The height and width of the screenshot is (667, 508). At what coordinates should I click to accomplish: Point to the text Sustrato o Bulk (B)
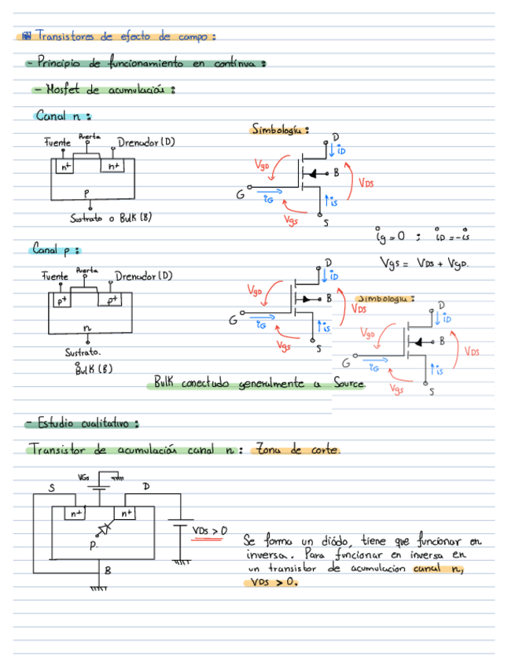pyautogui.click(x=111, y=218)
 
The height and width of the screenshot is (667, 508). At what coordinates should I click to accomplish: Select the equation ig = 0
pyautogui.click(x=390, y=234)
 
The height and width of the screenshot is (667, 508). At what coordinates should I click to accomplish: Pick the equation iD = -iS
pyautogui.click(x=452, y=234)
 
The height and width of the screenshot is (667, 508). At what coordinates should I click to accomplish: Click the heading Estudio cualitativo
pyautogui.click(x=83, y=424)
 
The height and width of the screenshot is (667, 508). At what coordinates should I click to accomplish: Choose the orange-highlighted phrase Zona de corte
pyautogui.click(x=296, y=451)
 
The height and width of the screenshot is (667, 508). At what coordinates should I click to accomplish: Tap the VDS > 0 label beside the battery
pyautogui.click(x=209, y=531)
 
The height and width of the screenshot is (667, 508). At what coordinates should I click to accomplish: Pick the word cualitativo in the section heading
pyautogui.click(x=109, y=424)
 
